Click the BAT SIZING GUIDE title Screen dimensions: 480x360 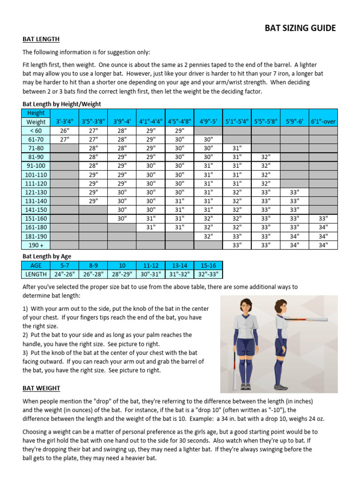tap(300, 28)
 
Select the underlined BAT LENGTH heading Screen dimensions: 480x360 tap(41, 39)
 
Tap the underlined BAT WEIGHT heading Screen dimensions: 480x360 tap(41, 389)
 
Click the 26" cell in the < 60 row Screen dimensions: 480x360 tap(65, 131)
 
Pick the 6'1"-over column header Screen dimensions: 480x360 tap(323, 121)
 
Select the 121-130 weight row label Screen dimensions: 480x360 tap(36, 192)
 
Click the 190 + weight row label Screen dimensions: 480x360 tap(36, 245)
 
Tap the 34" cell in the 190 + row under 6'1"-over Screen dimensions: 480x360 tap(323, 245)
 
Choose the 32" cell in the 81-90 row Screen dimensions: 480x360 tap(266, 157)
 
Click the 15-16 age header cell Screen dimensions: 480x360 tap(208, 265)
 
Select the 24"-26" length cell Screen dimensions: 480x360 tap(64, 274)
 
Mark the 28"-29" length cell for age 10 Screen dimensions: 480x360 tap(121, 274)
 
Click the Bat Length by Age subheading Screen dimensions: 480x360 tap(47, 256)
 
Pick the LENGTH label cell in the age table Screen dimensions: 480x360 tap(36, 274)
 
